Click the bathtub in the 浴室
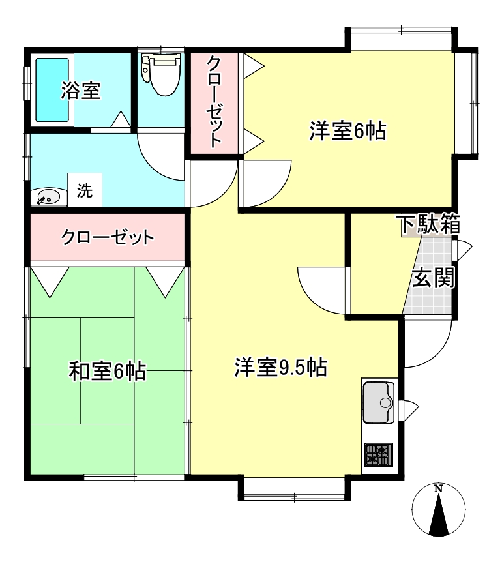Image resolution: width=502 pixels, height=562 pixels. pyautogui.click(x=52, y=90)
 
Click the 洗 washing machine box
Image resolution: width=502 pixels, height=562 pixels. pyautogui.click(x=85, y=191)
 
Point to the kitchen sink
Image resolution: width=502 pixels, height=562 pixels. pyautogui.click(x=378, y=402)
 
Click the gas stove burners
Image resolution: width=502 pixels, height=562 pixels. pyautogui.click(x=379, y=454)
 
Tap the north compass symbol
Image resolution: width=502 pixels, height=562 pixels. pyautogui.click(x=439, y=512)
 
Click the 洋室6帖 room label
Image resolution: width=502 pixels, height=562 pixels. pyautogui.click(x=347, y=131)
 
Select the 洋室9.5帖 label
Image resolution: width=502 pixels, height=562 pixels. pyautogui.click(x=280, y=368)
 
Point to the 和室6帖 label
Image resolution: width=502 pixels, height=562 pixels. pyautogui.click(x=108, y=372)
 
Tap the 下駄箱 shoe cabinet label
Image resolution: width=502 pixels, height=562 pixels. pyautogui.click(x=430, y=225)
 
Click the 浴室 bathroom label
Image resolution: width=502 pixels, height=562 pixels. pyautogui.click(x=81, y=91)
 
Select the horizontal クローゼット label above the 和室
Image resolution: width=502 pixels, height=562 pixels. pyautogui.click(x=108, y=237)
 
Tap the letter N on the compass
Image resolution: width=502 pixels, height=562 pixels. pyautogui.click(x=439, y=489)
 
